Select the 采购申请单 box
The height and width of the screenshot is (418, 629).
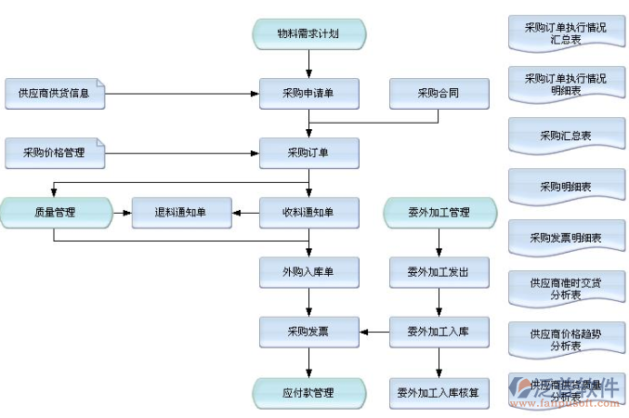pyautogui.click(x=308, y=93)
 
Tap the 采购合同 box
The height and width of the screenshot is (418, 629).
pyautogui.click(x=439, y=93)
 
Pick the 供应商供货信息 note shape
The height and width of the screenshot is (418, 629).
pyautogui.click(x=54, y=93)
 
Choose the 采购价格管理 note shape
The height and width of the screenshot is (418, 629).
pyautogui.click(x=54, y=152)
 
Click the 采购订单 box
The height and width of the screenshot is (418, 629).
pyautogui.click(x=308, y=152)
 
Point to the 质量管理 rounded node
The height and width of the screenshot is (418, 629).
pyautogui.click(x=54, y=213)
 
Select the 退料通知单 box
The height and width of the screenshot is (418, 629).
pyautogui.click(x=180, y=213)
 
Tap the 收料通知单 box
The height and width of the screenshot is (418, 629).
pyautogui.click(x=308, y=213)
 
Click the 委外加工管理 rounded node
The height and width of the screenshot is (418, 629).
pyautogui.click(x=439, y=213)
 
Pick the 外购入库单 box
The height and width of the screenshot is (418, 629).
pyautogui.click(x=308, y=272)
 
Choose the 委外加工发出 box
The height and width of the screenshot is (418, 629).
pyautogui.click(x=439, y=272)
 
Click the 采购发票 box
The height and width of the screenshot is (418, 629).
pyautogui.click(x=308, y=332)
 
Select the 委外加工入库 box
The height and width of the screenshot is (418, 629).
pyautogui.click(x=439, y=332)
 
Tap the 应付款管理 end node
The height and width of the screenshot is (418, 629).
pyautogui.click(x=308, y=392)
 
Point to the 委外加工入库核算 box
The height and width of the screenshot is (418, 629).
pyautogui.click(x=439, y=392)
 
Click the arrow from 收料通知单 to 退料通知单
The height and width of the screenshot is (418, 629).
pyautogui.click(x=244, y=213)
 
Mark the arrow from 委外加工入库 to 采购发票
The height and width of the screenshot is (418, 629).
pyautogui.click(x=373, y=332)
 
